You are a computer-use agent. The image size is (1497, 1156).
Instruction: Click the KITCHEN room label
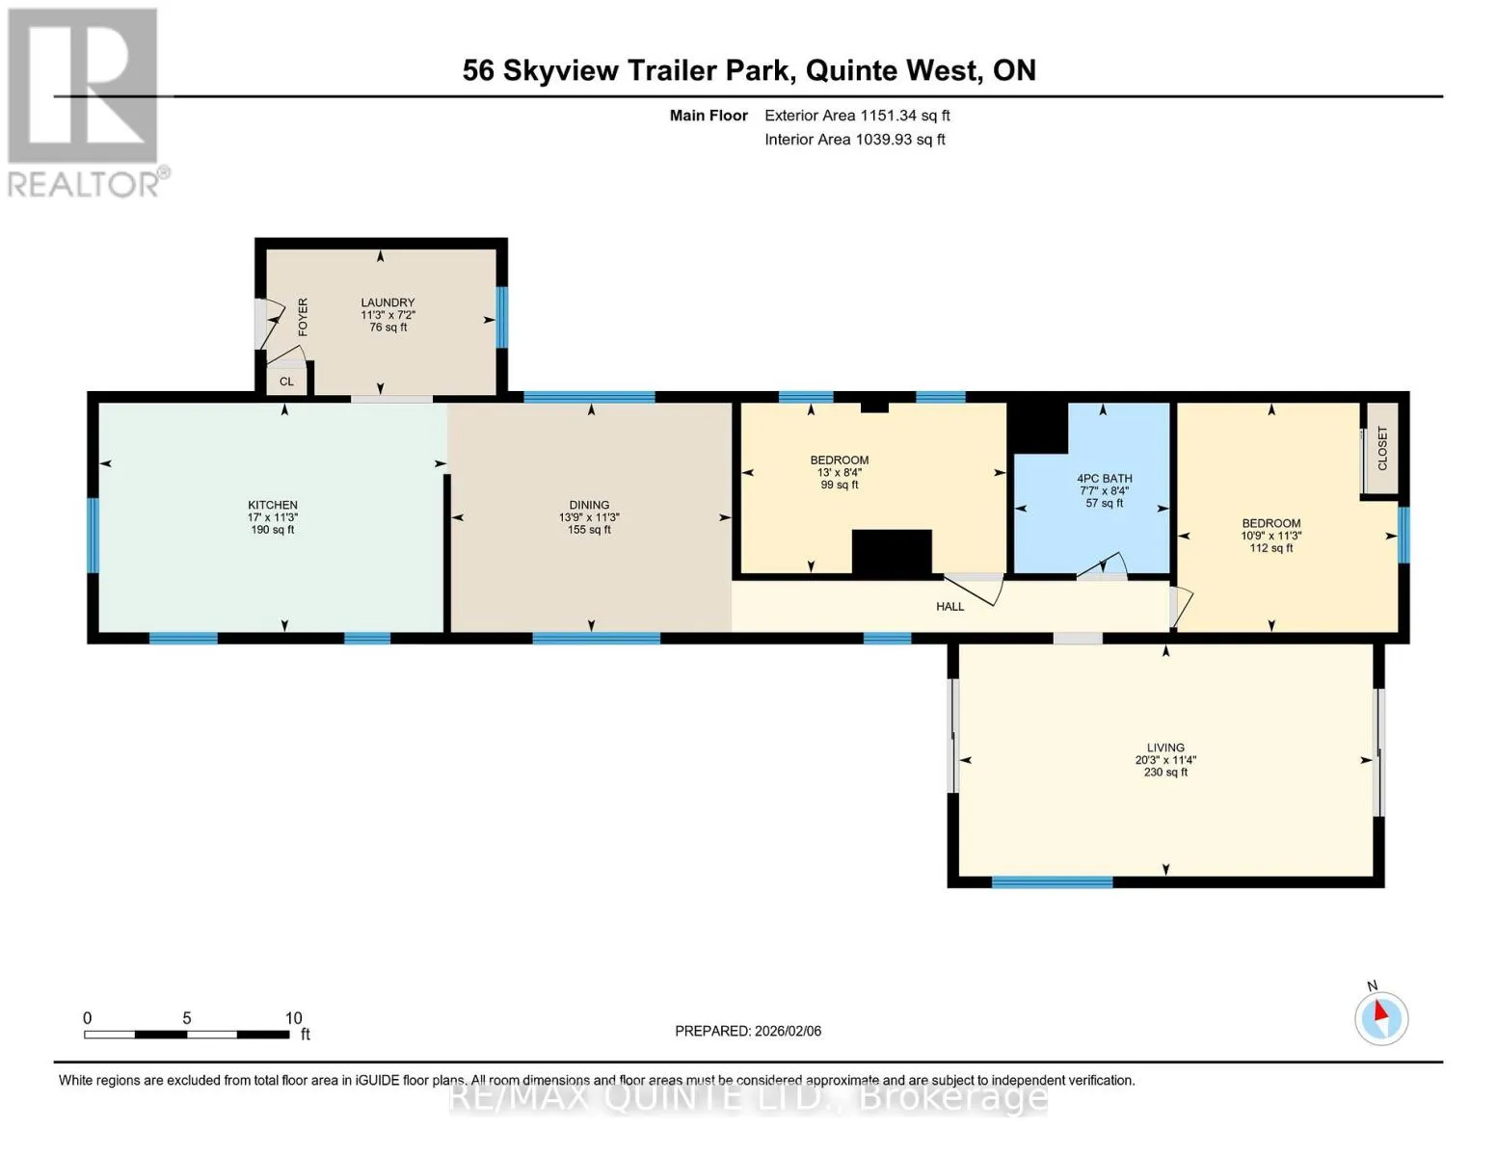point(273,505)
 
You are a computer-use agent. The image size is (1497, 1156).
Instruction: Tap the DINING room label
point(589,505)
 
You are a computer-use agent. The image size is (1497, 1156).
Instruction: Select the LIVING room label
point(1165,747)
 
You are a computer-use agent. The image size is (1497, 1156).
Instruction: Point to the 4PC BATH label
point(1105,478)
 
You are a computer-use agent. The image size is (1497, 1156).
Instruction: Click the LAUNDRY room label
point(388,302)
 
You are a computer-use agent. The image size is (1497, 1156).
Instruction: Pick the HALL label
point(950,607)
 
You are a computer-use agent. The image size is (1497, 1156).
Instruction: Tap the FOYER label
point(303,317)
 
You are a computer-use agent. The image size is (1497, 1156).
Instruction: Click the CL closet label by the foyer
point(286,381)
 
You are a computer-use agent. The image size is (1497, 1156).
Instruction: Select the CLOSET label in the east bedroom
point(1382,448)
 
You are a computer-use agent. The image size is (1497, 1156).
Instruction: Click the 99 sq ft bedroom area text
point(839,485)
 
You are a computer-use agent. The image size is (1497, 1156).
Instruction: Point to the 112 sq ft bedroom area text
point(1271,548)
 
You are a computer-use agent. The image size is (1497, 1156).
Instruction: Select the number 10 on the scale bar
point(293,1018)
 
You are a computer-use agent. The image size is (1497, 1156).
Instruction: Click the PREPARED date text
point(748,1031)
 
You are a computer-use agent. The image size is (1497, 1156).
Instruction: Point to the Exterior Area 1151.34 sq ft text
point(857,116)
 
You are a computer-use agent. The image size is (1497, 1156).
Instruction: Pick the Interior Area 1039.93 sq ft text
point(855,140)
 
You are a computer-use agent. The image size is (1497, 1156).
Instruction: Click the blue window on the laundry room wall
point(502,317)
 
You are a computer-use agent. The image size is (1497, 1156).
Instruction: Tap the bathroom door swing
point(1102,565)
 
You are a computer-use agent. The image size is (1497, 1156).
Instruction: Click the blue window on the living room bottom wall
point(1052,882)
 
